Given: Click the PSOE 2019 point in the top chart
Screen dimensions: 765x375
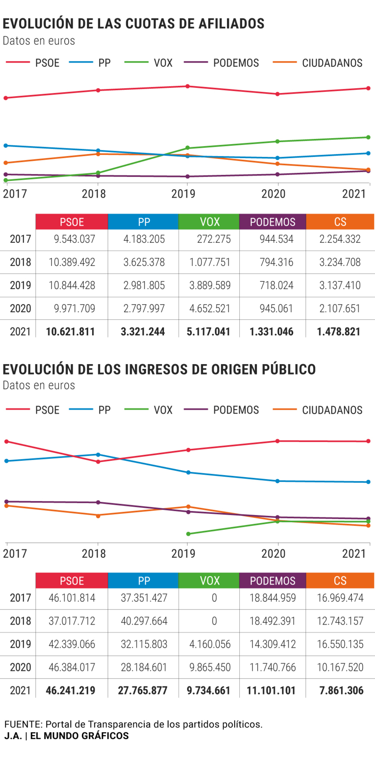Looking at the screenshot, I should coord(187,86).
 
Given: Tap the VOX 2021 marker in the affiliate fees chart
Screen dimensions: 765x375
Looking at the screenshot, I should coord(369,137).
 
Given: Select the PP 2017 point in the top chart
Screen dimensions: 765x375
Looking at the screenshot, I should coord(6,145).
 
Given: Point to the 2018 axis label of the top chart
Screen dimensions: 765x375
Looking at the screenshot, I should coord(94,194).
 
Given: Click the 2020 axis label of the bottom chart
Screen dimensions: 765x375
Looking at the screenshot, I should coord(273,554).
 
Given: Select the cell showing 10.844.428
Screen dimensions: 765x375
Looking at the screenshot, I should coord(72,285).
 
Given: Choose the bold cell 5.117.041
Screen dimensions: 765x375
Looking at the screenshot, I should coord(208,331).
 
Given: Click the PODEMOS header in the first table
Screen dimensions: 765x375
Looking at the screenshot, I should coord(272,222).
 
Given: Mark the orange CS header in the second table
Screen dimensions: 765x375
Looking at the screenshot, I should coord(340,581).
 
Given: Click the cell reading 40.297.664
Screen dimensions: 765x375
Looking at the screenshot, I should coord(144,621).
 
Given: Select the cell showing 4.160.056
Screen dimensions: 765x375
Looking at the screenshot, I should coord(210,644).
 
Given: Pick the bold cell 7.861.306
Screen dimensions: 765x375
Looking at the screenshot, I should coord(341,690).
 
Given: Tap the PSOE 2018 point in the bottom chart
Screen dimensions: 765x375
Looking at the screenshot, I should coord(98,462).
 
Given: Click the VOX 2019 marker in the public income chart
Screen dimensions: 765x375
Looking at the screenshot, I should coord(188,534).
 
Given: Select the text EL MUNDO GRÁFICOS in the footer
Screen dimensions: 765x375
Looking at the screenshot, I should coord(80,736).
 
